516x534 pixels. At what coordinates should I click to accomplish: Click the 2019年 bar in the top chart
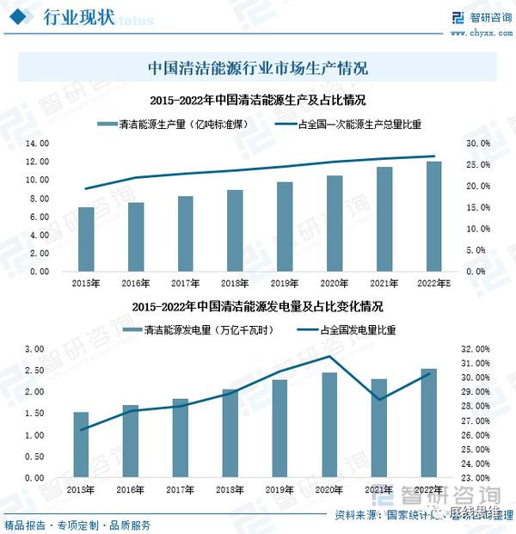(284, 227)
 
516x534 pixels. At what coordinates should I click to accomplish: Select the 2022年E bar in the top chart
(434, 217)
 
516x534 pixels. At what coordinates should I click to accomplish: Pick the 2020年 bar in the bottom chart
(329, 425)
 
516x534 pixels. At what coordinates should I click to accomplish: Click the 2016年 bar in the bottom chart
(131, 441)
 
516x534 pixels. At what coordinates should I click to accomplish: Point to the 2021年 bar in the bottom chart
(379, 428)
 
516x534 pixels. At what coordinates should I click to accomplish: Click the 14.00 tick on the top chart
(38, 144)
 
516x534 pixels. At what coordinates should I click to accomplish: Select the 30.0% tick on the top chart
(479, 144)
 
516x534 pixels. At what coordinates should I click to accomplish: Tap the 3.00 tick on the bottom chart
(34, 349)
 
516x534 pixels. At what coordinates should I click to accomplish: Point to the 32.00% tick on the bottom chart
(476, 349)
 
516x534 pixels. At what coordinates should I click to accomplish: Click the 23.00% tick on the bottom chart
(476, 478)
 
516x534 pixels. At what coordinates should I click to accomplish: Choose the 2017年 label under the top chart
(185, 283)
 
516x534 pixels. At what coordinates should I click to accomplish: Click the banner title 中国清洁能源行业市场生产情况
(258, 67)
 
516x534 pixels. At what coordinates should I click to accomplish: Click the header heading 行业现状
(77, 20)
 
